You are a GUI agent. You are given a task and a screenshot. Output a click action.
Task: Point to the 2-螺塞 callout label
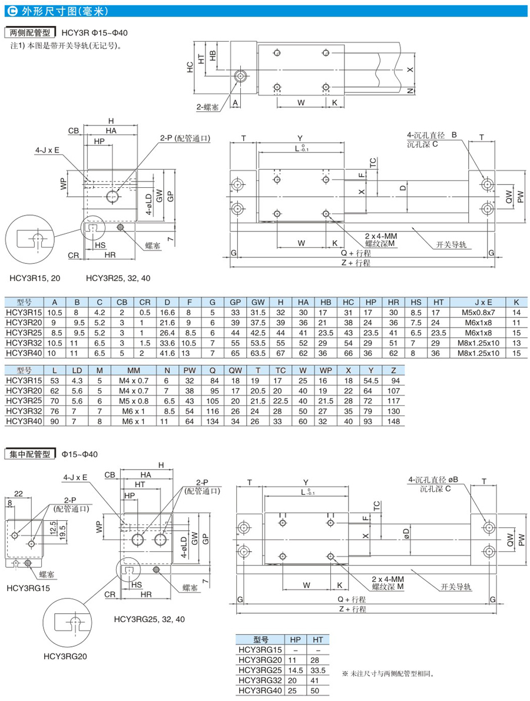click(x=208, y=108)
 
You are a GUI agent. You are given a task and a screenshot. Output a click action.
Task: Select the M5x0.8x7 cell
click(x=478, y=312)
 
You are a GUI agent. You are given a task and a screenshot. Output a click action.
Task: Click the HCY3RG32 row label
click(x=260, y=682)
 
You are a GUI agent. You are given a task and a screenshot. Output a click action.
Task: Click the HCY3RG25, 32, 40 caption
click(x=150, y=619)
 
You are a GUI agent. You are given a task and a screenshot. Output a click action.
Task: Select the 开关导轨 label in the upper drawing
click(x=451, y=244)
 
